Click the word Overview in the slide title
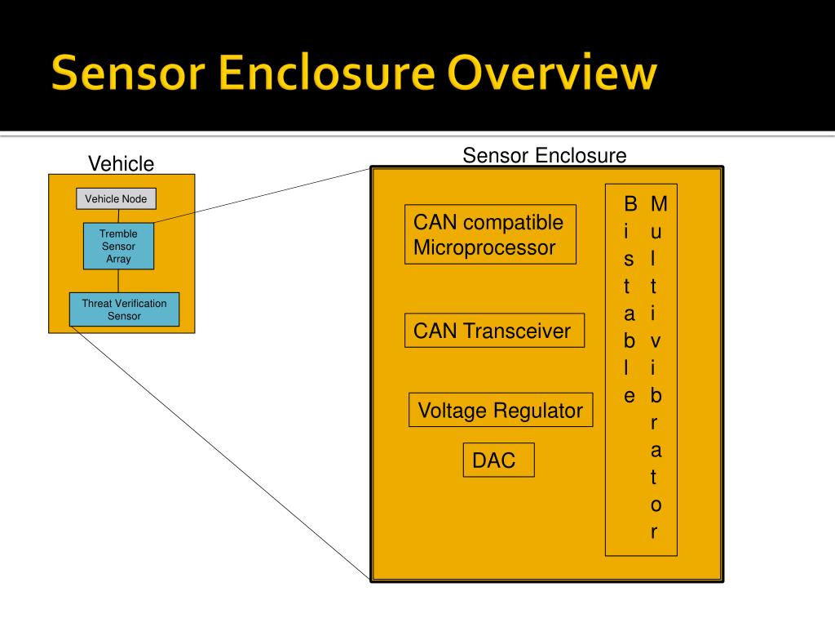coord(554,73)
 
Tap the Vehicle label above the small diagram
coord(121,164)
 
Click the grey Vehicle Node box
coord(116,198)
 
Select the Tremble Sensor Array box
coord(118,246)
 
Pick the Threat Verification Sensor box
coord(124,309)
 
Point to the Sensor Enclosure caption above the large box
coord(544,155)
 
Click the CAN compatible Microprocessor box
coord(489,234)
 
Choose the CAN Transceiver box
coord(493,331)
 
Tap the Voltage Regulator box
coord(500,410)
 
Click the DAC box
coord(498,460)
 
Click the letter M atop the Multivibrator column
coord(659,202)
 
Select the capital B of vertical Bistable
coord(630,202)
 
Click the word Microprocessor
coord(484,248)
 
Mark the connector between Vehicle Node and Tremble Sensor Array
coord(119,216)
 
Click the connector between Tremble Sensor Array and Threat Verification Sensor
coord(119,281)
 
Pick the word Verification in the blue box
coord(139,304)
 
